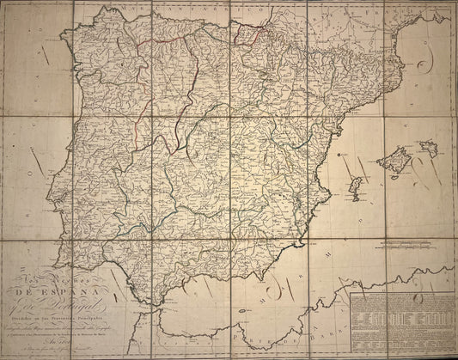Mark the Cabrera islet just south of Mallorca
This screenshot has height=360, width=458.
point(392,176)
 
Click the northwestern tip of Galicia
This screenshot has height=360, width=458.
point(62,38)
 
